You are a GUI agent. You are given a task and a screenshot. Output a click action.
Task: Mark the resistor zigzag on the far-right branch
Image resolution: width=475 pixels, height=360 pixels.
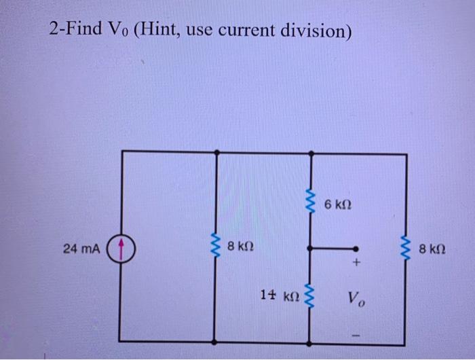tap(407, 249)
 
